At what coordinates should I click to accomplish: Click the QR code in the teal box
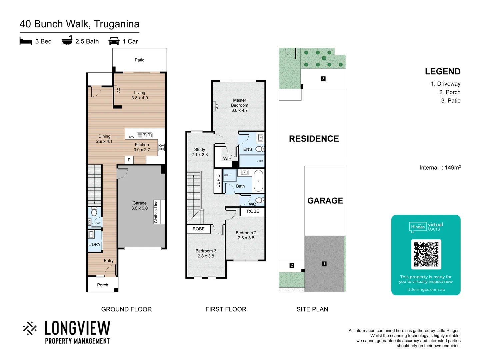(x=426, y=254)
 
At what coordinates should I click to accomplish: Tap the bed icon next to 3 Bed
(x=26, y=41)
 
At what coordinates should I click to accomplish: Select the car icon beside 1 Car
(x=114, y=41)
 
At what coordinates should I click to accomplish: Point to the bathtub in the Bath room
(x=258, y=181)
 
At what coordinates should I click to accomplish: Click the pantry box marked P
(x=129, y=160)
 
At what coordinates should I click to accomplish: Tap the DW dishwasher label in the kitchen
(x=132, y=137)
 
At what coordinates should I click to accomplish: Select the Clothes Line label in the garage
(x=156, y=212)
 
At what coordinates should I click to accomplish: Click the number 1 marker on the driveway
(x=324, y=264)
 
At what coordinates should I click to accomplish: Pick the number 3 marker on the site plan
(x=323, y=79)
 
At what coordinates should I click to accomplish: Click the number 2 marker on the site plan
(x=292, y=265)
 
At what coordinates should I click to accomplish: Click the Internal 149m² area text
(x=440, y=168)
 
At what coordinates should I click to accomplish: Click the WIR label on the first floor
(x=227, y=158)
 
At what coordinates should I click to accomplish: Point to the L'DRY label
(x=94, y=244)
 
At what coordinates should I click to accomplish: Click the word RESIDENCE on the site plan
(x=314, y=139)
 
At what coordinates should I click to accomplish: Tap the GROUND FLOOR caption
(x=126, y=309)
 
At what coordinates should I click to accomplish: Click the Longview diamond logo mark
(x=30, y=328)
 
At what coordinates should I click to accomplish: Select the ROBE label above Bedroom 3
(x=198, y=229)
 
